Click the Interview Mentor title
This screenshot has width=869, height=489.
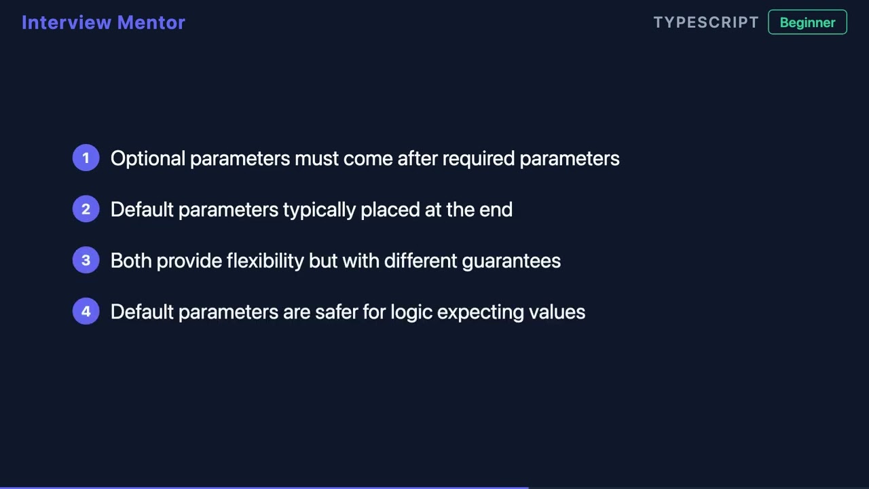(x=103, y=22)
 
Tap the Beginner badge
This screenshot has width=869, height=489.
(x=807, y=22)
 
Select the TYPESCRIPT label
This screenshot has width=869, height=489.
(x=706, y=22)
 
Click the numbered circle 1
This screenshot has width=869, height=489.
(x=86, y=158)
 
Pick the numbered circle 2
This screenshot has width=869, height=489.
(x=86, y=209)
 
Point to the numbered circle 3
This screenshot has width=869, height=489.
(x=86, y=260)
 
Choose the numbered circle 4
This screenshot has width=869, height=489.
(x=86, y=312)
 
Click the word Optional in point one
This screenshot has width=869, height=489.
(x=147, y=159)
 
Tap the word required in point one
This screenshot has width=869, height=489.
(x=478, y=159)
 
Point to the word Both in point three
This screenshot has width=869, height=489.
(x=131, y=261)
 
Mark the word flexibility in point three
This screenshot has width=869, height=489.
(x=265, y=261)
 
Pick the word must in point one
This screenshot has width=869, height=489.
(x=316, y=159)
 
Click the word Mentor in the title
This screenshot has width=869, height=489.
(x=151, y=22)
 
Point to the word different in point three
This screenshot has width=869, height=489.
(x=420, y=261)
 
